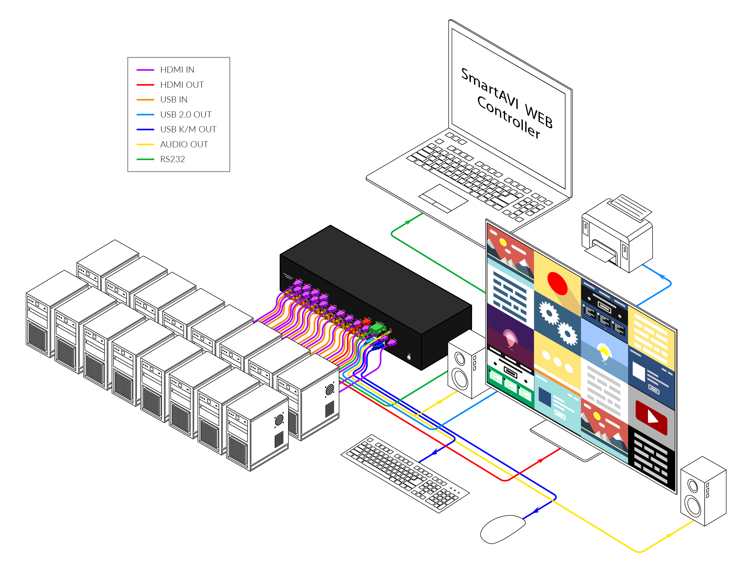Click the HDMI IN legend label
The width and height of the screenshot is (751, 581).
pos(177,70)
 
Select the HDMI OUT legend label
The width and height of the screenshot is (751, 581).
pos(182,85)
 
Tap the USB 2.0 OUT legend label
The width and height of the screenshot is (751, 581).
pos(186,115)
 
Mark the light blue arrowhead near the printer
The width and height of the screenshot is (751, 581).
pos(663,277)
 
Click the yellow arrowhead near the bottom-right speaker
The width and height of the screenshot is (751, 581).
pos(669,535)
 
